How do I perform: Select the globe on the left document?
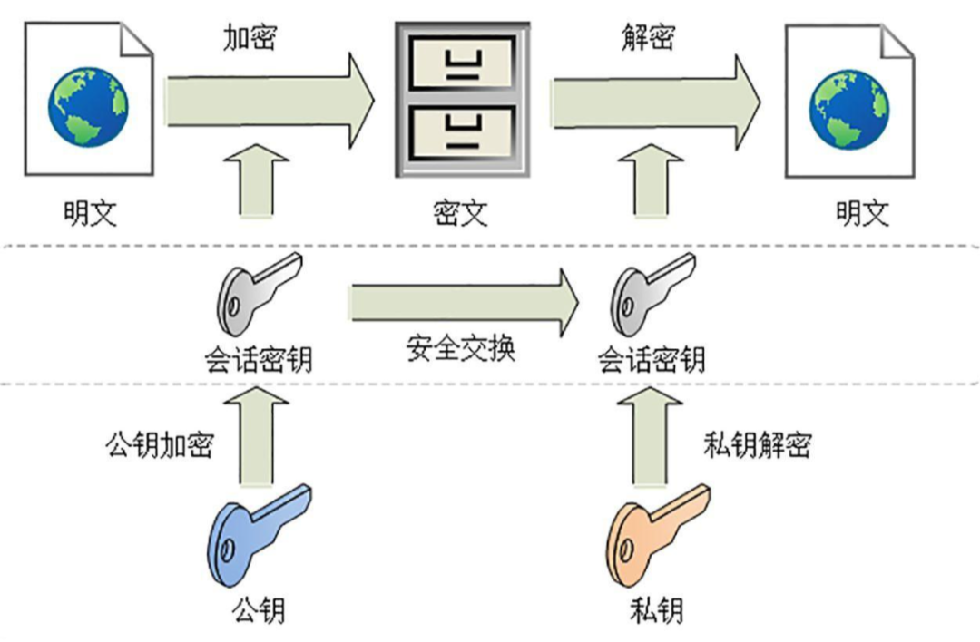(88, 106)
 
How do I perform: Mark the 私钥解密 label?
(757, 445)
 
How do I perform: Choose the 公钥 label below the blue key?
(259, 608)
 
